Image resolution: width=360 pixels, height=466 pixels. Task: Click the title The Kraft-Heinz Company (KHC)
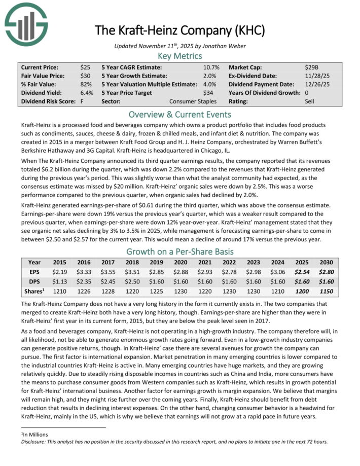(180, 30)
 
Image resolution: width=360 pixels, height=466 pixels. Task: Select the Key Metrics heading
(180, 56)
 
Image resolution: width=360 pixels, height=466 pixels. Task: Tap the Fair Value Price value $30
(86, 76)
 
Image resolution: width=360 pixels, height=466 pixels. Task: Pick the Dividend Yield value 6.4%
(86, 93)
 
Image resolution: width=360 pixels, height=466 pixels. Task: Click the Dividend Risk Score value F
(82, 101)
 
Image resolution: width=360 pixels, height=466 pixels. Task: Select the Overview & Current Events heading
(180, 114)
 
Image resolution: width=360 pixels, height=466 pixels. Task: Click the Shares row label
(34, 292)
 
